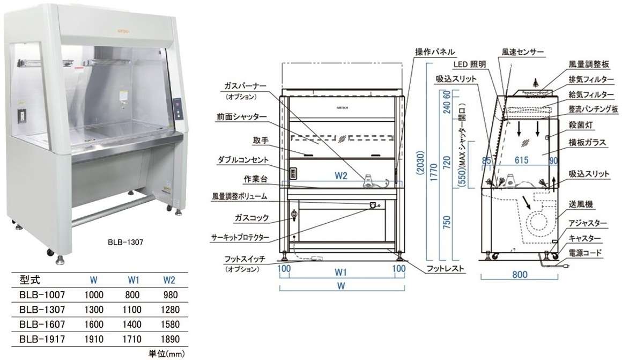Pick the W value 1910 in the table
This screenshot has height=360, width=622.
pos(94,339)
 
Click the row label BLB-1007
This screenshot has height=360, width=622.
pos(43,295)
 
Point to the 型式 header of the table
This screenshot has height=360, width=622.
pos(29,280)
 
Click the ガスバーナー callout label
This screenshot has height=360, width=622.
pos(242,86)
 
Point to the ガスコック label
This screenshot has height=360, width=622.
pos(251,219)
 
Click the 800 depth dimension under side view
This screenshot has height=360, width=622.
pos(520,275)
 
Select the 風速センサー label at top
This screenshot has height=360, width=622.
pos(523,53)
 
